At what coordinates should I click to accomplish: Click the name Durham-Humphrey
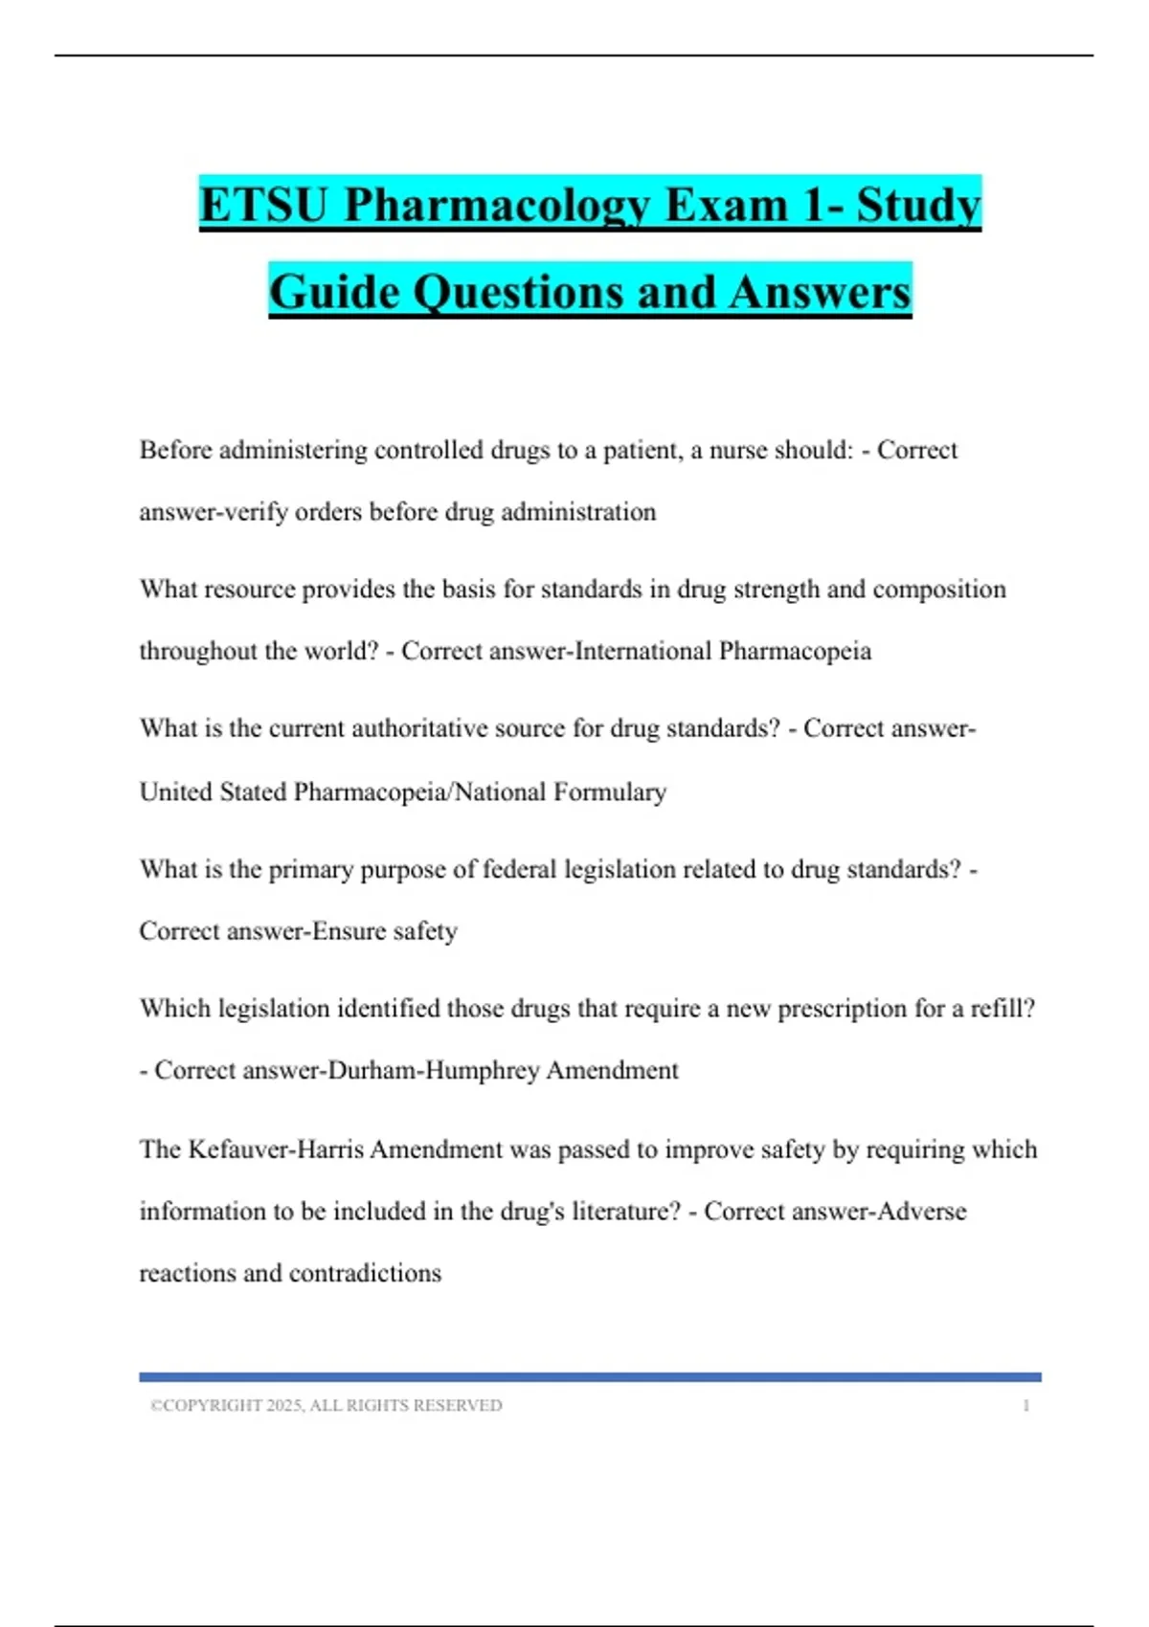[434, 1070]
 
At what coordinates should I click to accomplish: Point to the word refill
[1001, 1008]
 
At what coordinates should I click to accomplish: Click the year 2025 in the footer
[284, 1405]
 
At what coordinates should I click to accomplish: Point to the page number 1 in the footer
[1025, 1405]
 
